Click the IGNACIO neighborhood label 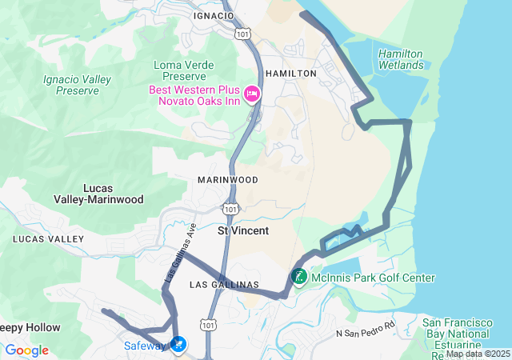pos(213,15)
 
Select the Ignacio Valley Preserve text pos(78,85)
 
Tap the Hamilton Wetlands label pos(400,58)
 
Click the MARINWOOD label pos(227,180)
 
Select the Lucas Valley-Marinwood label pos(98,194)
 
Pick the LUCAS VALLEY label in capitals pos(48,239)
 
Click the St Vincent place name pos(243,230)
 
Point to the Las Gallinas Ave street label pos(181,251)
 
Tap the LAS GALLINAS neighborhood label pos(224,285)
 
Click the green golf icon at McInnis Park pos(298,278)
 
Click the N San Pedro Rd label pos(366,331)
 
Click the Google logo pos(26,350)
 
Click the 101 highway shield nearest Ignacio pos(242,34)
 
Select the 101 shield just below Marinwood pos(230,209)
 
